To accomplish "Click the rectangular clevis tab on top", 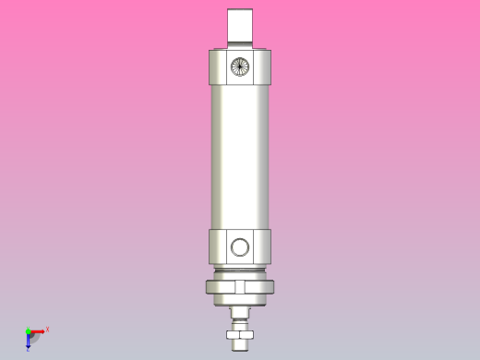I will [241, 26].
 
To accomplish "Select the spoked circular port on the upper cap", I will [240, 66].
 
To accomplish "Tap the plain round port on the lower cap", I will [240, 246].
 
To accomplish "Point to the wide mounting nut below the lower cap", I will [241, 287].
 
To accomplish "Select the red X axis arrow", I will [39, 330].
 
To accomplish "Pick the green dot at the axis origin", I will [28, 330].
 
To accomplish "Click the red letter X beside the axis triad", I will [47, 329].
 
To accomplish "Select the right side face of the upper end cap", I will [269, 66].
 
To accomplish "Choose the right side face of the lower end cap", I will [269, 246].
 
